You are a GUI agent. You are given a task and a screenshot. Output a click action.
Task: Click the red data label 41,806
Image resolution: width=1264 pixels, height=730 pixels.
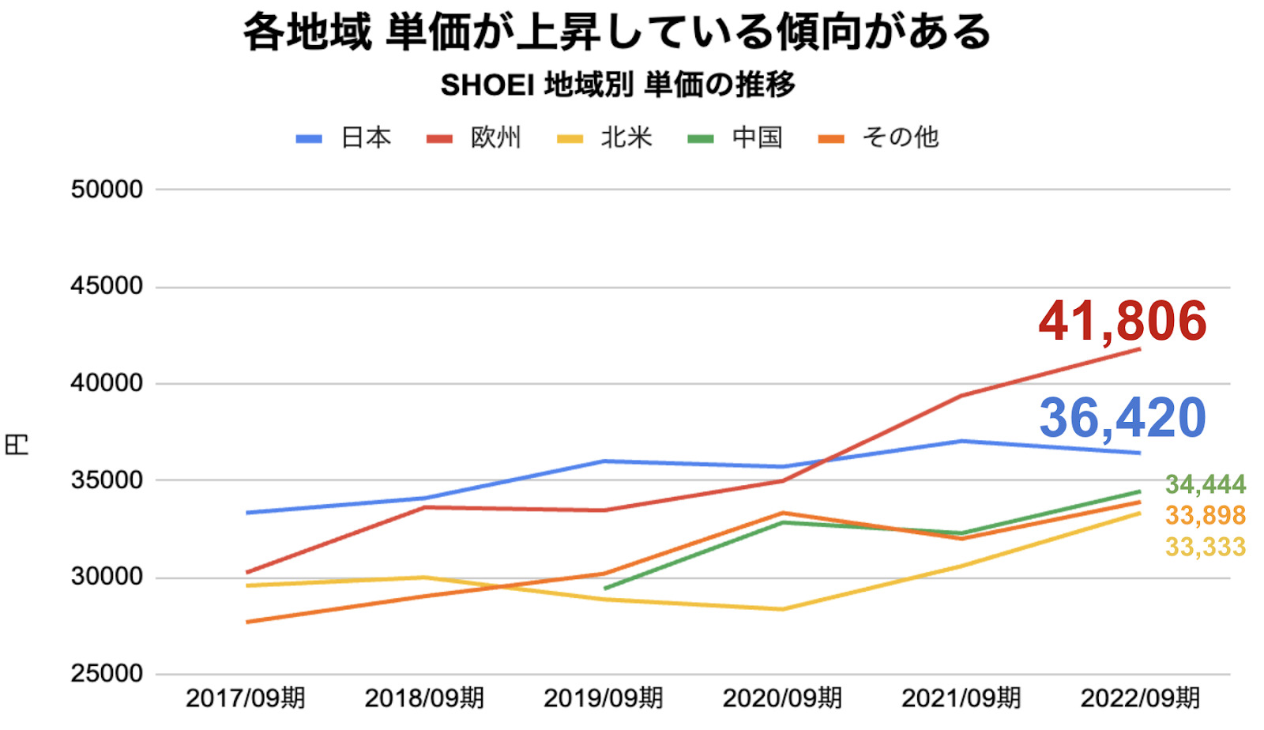[1123, 321]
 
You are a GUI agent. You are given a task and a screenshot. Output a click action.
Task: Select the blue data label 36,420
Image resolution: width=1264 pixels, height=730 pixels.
[1123, 417]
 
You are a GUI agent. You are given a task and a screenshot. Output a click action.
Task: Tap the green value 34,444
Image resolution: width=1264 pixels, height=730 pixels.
[1206, 484]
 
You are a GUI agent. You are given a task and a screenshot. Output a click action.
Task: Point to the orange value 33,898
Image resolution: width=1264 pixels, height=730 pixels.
[1206, 515]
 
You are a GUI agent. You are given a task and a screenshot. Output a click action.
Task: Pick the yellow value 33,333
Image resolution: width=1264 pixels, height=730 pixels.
[1206, 547]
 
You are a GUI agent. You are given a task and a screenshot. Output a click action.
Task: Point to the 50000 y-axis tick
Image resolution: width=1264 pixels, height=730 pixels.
[107, 190]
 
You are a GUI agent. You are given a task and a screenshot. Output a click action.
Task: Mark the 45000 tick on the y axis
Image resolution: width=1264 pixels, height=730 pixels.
[107, 286]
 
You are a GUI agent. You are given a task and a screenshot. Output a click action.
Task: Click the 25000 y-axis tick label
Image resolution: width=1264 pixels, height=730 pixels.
[107, 674]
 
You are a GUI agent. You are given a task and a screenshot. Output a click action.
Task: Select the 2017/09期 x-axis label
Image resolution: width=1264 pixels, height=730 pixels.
[245, 698]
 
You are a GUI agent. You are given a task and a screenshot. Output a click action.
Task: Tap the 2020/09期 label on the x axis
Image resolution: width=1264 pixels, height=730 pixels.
[782, 698]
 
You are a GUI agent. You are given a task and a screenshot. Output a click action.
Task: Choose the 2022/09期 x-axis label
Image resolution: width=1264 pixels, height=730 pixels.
[1140, 698]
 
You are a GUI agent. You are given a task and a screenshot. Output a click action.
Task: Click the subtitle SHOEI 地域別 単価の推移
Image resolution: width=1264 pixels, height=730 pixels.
[618, 85]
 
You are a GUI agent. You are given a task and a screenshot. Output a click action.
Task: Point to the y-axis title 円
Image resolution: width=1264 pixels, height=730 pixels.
[17, 444]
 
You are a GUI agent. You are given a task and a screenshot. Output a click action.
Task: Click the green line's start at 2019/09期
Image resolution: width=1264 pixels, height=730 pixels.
[604, 589]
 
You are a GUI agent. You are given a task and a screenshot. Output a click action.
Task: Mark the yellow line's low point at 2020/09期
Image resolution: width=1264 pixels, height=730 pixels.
[782, 609]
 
